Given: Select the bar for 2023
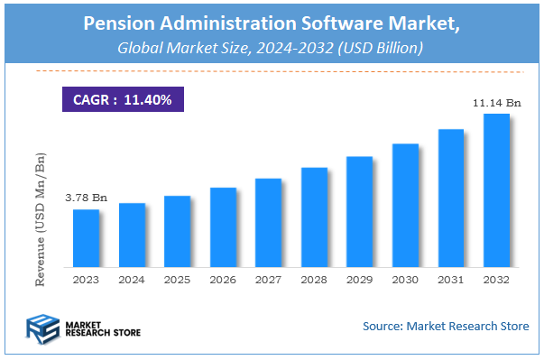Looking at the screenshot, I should pos(87,238).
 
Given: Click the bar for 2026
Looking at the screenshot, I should pos(223,227).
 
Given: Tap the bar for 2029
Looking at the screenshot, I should pos(360,212).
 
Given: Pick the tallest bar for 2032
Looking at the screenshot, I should pos(496,190).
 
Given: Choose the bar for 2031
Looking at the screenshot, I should pos(451,198).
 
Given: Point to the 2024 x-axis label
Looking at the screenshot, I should pos(132,281).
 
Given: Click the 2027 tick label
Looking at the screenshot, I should pos(269,281).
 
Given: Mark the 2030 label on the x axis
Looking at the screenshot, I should pos(405,281).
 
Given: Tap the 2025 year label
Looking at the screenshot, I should pos(178,281).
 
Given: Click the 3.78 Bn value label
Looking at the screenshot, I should pos(86,198).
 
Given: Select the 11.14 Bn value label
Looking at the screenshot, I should pos(496,104).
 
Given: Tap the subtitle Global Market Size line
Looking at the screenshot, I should pos(272,50).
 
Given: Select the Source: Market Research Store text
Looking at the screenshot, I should pos(446,326).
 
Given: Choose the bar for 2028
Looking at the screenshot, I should pos(314,217).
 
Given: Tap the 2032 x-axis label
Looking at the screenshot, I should pos(496,281).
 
